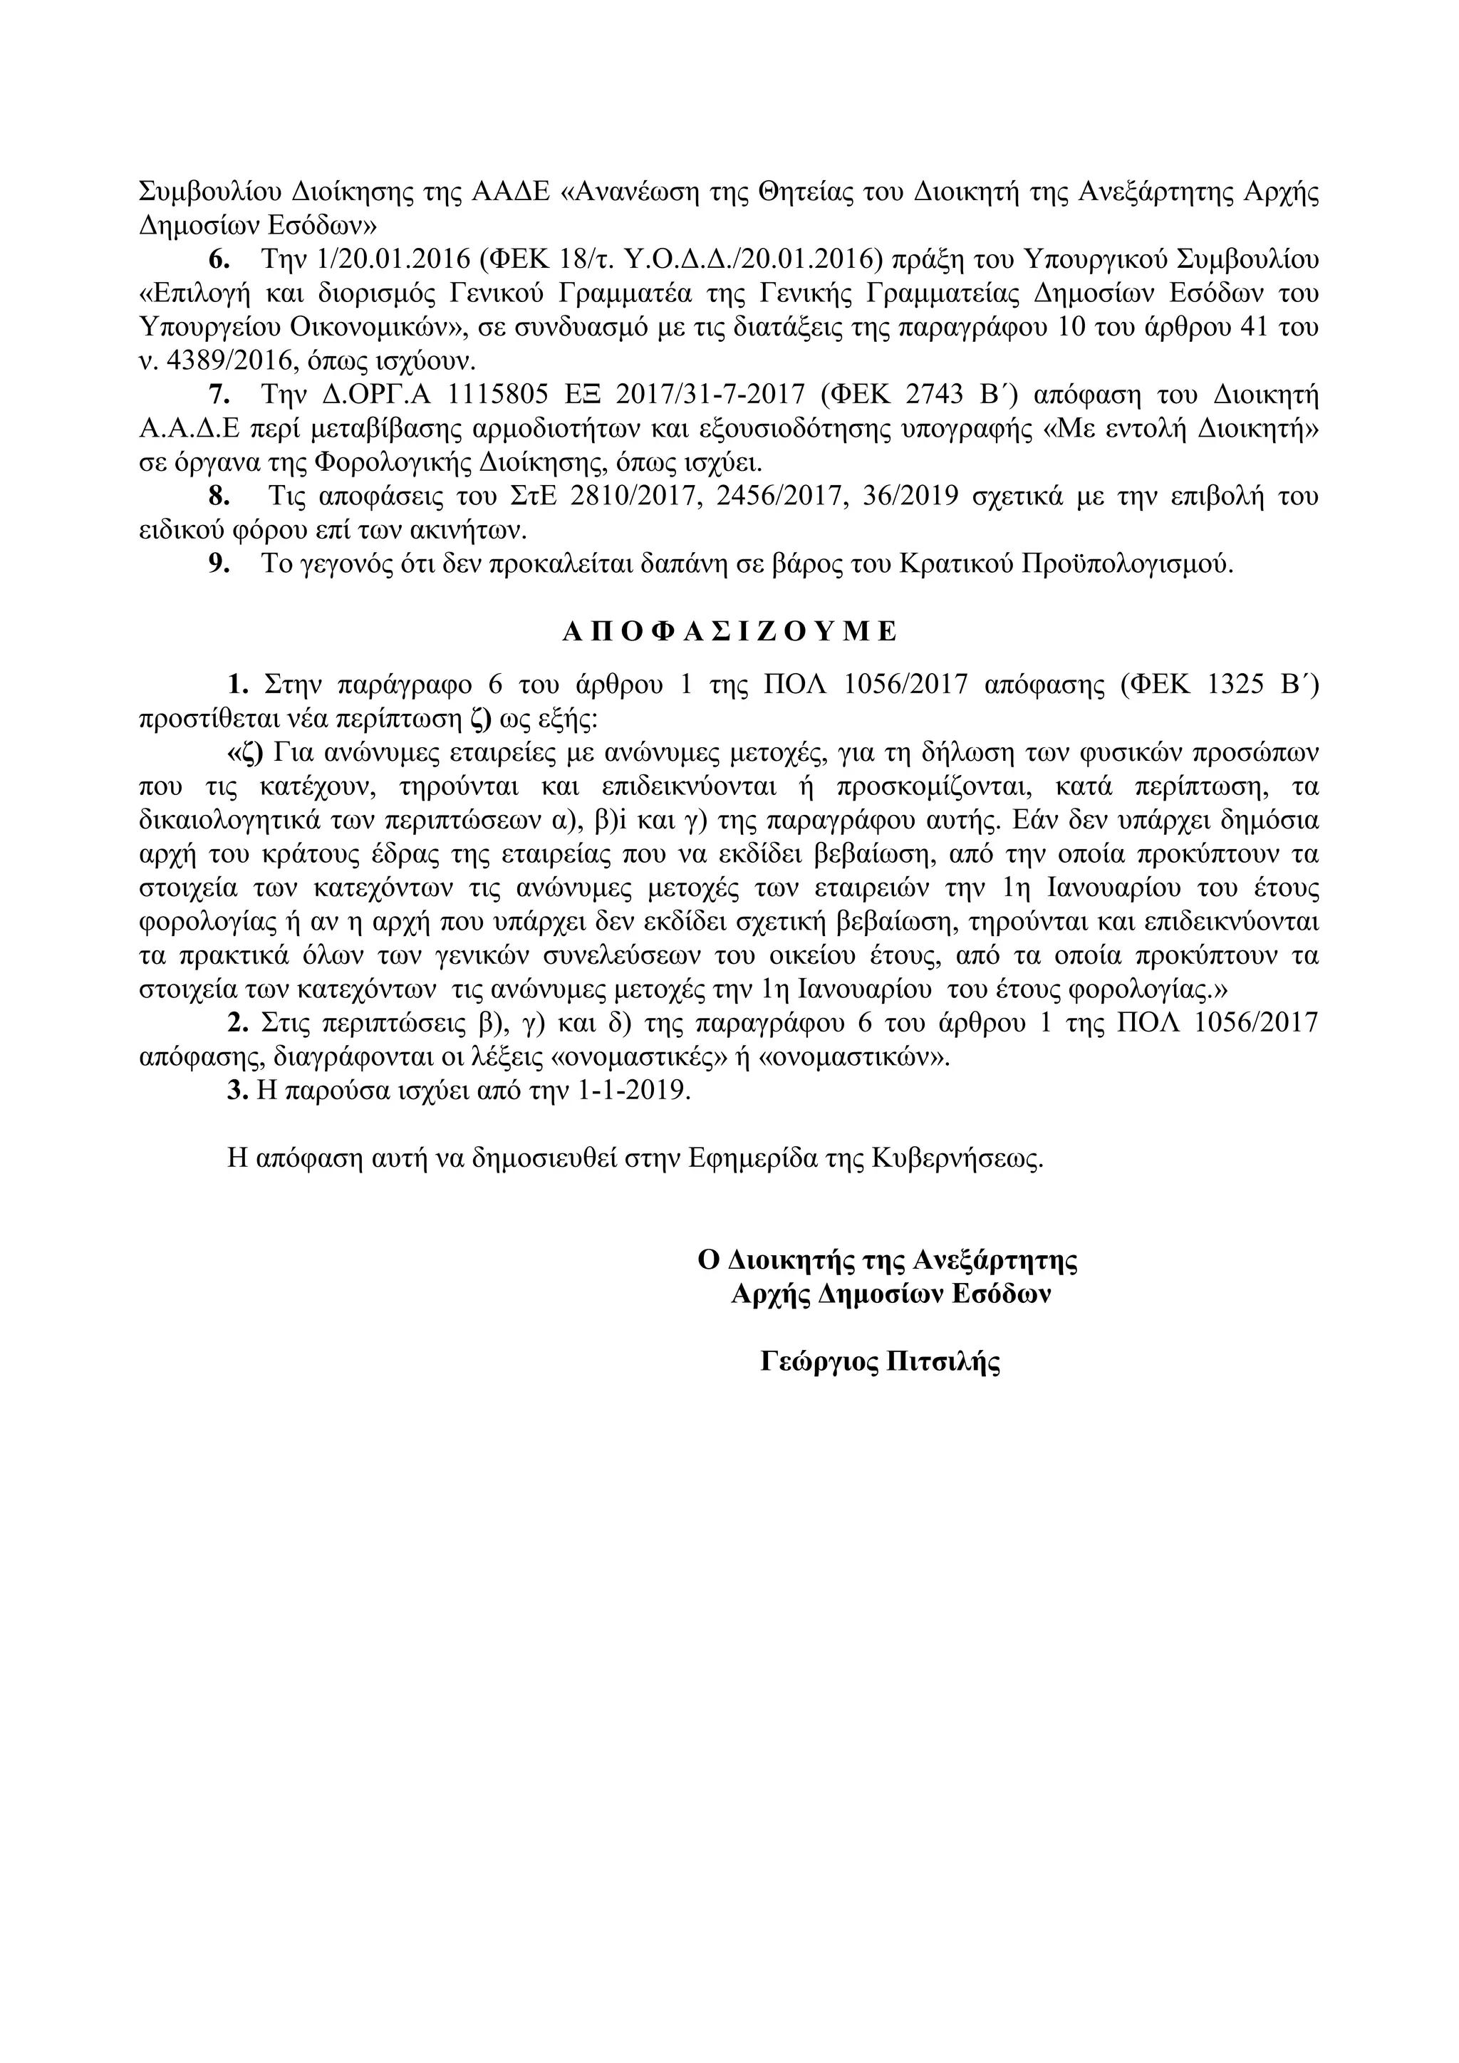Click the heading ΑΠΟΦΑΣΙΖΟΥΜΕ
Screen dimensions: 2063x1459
coord(729,632)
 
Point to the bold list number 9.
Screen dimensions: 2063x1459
coord(219,564)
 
